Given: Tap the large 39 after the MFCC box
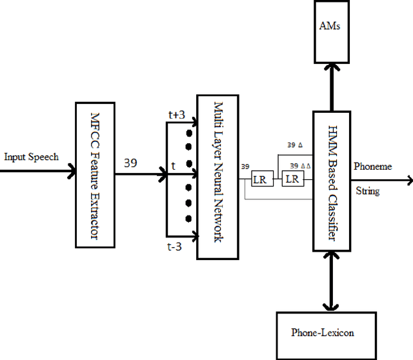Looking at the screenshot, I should click(130, 163).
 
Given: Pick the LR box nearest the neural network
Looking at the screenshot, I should click(259, 179).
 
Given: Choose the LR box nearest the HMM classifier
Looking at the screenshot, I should click(292, 179).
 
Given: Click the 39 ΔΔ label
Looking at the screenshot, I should click(299, 166).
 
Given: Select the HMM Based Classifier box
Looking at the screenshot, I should click(331, 181).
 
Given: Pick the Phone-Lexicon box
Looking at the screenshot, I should click(322, 333).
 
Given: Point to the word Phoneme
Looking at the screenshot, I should click(372, 166).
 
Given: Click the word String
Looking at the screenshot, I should click(367, 191).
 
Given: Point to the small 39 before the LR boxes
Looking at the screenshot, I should click(245, 166).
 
